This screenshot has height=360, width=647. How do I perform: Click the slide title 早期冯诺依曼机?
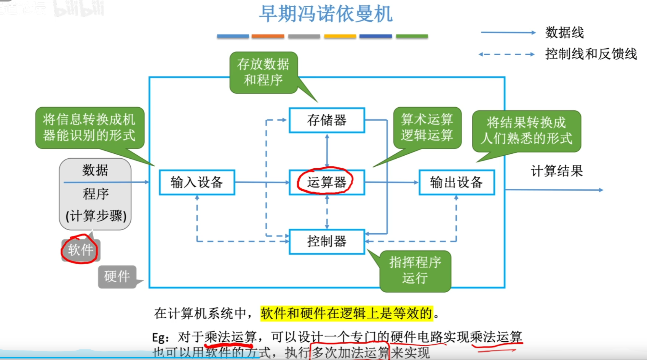[326, 14]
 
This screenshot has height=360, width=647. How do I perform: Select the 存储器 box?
[327, 120]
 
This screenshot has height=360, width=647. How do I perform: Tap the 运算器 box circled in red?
[326, 182]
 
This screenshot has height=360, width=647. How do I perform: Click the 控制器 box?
[327, 241]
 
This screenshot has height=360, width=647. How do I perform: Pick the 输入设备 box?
[196, 182]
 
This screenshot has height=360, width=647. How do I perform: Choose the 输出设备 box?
[456, 182]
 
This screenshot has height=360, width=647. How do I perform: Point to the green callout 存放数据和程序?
[263, 72]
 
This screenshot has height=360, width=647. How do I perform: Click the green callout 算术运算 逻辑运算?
[427, 127]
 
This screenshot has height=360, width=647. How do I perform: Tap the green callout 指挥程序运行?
[415, 270]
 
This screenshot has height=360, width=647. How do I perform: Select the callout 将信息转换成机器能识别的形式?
[89, 127]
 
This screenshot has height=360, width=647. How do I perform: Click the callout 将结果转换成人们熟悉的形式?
[526, 131]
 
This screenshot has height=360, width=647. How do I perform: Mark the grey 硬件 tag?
[117, 277]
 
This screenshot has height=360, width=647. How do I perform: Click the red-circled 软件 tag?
[80, 250]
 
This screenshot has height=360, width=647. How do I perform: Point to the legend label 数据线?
[564, 33]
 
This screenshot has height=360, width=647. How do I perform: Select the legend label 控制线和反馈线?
[591, 54]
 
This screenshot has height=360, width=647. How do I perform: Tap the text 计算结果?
[557, 171]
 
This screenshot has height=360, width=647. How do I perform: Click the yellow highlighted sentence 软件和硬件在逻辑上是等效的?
[346, 313]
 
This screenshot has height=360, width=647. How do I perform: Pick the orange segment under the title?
[268, 37]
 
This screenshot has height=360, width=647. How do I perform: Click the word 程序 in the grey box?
[96, 194]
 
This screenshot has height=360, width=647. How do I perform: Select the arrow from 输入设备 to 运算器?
[262, 182]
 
